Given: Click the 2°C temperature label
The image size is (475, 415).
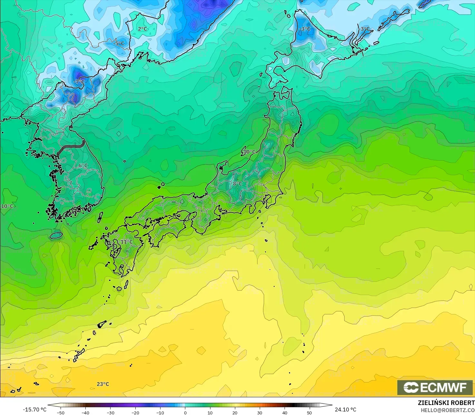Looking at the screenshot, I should point(142,29).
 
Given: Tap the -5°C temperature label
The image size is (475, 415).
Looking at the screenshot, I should point(119,44).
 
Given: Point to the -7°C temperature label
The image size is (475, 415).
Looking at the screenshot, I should point(79,82).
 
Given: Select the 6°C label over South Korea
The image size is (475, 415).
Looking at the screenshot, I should point(83,166).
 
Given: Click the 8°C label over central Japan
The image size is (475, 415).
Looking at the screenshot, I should point(237,184).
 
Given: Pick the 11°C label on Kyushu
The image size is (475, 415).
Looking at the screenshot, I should point(127,242).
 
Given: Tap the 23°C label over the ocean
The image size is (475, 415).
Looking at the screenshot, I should point(103,384).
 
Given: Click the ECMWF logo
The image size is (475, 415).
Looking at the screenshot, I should point(435,387).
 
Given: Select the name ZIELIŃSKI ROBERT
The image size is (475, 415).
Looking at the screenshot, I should point(446,403).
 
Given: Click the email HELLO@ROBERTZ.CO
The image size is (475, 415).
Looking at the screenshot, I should point(448,410).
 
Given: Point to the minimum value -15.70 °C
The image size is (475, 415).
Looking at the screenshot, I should point(34,410).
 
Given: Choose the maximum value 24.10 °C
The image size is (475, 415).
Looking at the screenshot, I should point(345,410).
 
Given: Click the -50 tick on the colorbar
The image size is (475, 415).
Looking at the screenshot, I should point(61,412).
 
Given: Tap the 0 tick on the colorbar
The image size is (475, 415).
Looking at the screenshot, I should point(185,412).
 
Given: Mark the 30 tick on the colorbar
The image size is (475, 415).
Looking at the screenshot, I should point(260,412).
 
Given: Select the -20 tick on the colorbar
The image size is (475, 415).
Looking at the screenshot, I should point(135,412).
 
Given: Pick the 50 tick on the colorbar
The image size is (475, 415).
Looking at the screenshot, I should point(309,412).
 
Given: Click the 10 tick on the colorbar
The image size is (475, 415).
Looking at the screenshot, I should point(210,412).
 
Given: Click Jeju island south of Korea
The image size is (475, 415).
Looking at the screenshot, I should point(56,235).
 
